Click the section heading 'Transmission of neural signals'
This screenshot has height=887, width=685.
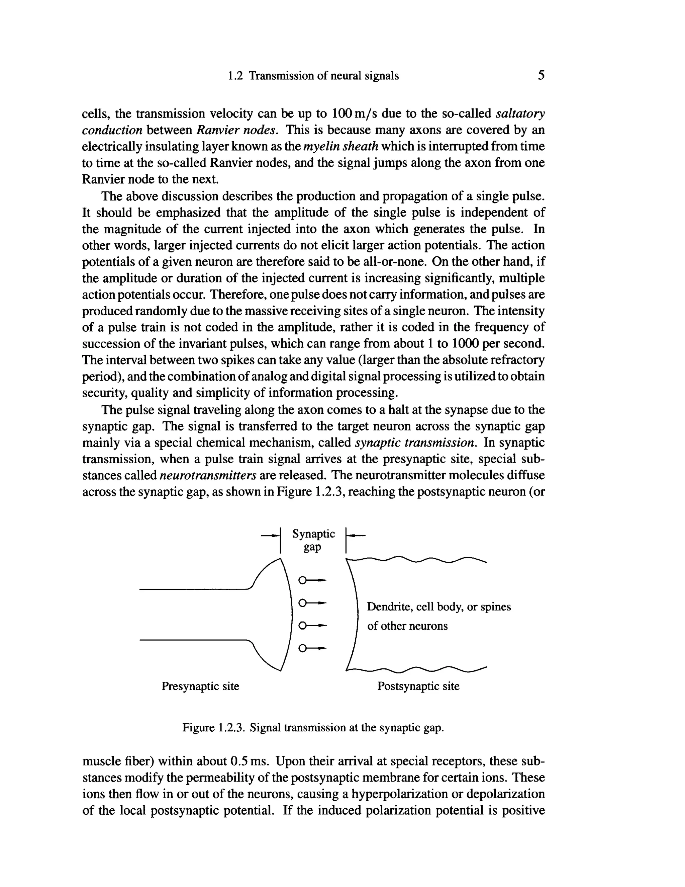pyautogui.click(x=323, y=76)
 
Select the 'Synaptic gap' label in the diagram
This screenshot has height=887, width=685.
pyautogui.click(x=313, y=540)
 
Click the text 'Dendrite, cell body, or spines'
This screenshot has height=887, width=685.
pyautogui.click(x=439, y=607)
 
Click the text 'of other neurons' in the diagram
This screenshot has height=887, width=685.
pyautogui.click(x=407, y=626)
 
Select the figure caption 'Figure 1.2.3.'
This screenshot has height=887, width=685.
pyautogui.click(x=214, y=727)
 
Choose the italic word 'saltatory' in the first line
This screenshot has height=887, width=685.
pyautogui.click(x=520, y=114)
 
